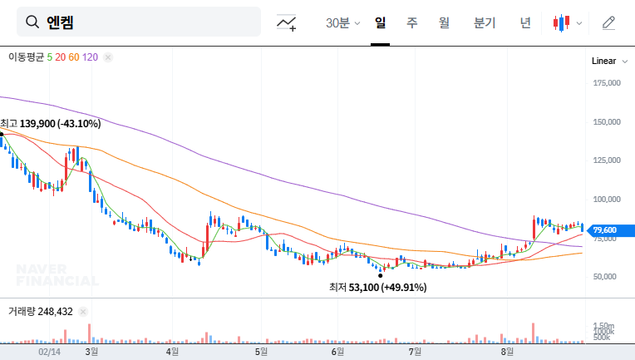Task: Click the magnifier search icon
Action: point(32,22)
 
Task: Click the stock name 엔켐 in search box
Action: point(61,22)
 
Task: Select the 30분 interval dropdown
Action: point(342,23)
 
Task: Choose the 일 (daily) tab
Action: point(380,23)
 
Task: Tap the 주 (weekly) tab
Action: point(411,23)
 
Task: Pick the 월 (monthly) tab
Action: point(444,23)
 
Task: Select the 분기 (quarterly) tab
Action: point(484,23)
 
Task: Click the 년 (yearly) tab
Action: point(525,23)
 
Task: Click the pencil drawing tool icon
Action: point(608,23)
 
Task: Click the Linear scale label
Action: point(603,62)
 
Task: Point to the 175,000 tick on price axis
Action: point(608,83)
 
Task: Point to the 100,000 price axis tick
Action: point(608,200)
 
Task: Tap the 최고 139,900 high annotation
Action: point(52,124)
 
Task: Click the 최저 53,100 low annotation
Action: point(377,288)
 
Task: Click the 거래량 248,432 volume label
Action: point(41,312)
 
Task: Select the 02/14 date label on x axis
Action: point(50,353)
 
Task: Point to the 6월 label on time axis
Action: point(337,353)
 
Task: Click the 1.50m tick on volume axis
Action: point(603,326)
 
